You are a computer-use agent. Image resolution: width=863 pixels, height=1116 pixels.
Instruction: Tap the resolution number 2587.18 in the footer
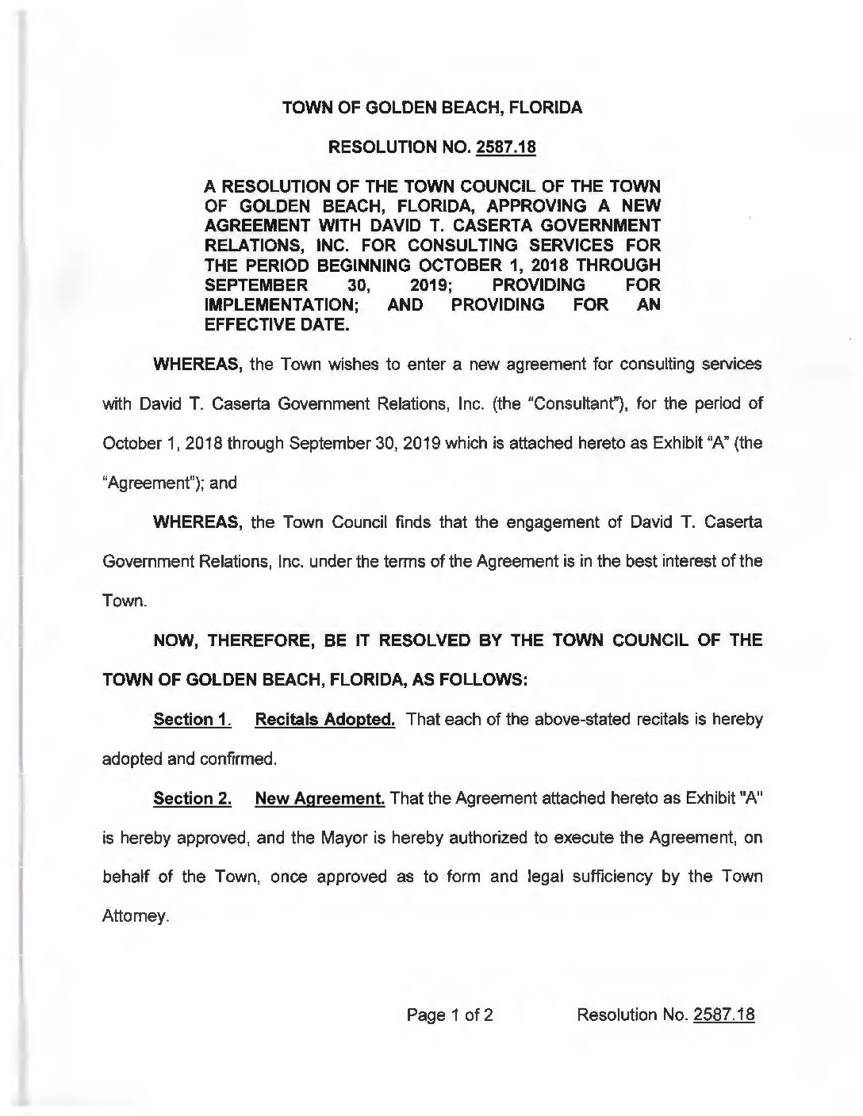pyautogui.click(x=723, y=1015)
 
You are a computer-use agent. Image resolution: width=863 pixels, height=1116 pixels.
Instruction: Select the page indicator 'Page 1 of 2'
pyautogui.click(x=450, y=1015)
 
